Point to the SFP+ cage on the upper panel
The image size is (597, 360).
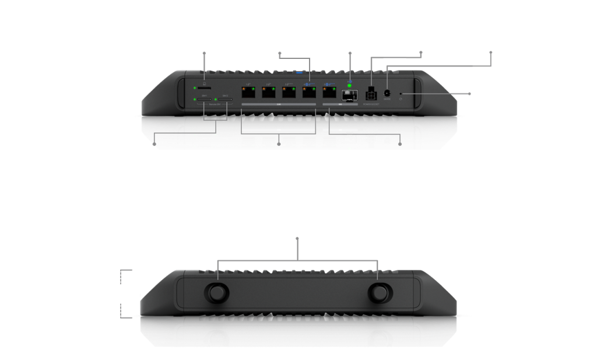(349, 94)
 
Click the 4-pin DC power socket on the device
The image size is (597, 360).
(370, 94)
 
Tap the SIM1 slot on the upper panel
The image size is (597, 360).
(205, 100)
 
